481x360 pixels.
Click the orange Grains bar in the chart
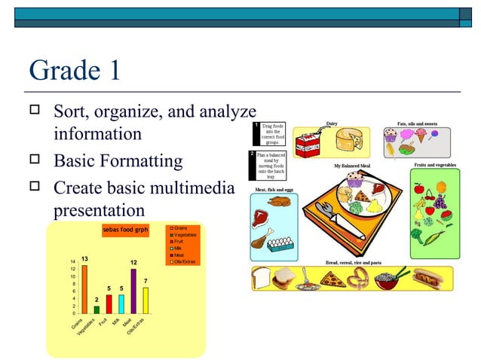pyautogui.click(x=84, y=289)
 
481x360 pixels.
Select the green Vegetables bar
pyautogui.click(x=97, y=310)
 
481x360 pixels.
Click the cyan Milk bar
pyautogui.click(x=121, y=304)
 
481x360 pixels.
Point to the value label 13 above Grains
pyautogui.click(x=85, y=259)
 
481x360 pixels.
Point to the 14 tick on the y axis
pyautogui.click(x=72, y=261)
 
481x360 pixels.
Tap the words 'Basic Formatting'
pyautogui.click(x=118, y=161)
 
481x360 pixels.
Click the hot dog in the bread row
pyautogui.click(x=433, y=279)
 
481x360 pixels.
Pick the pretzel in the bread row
pyautogui.click(x=360, y=278)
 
